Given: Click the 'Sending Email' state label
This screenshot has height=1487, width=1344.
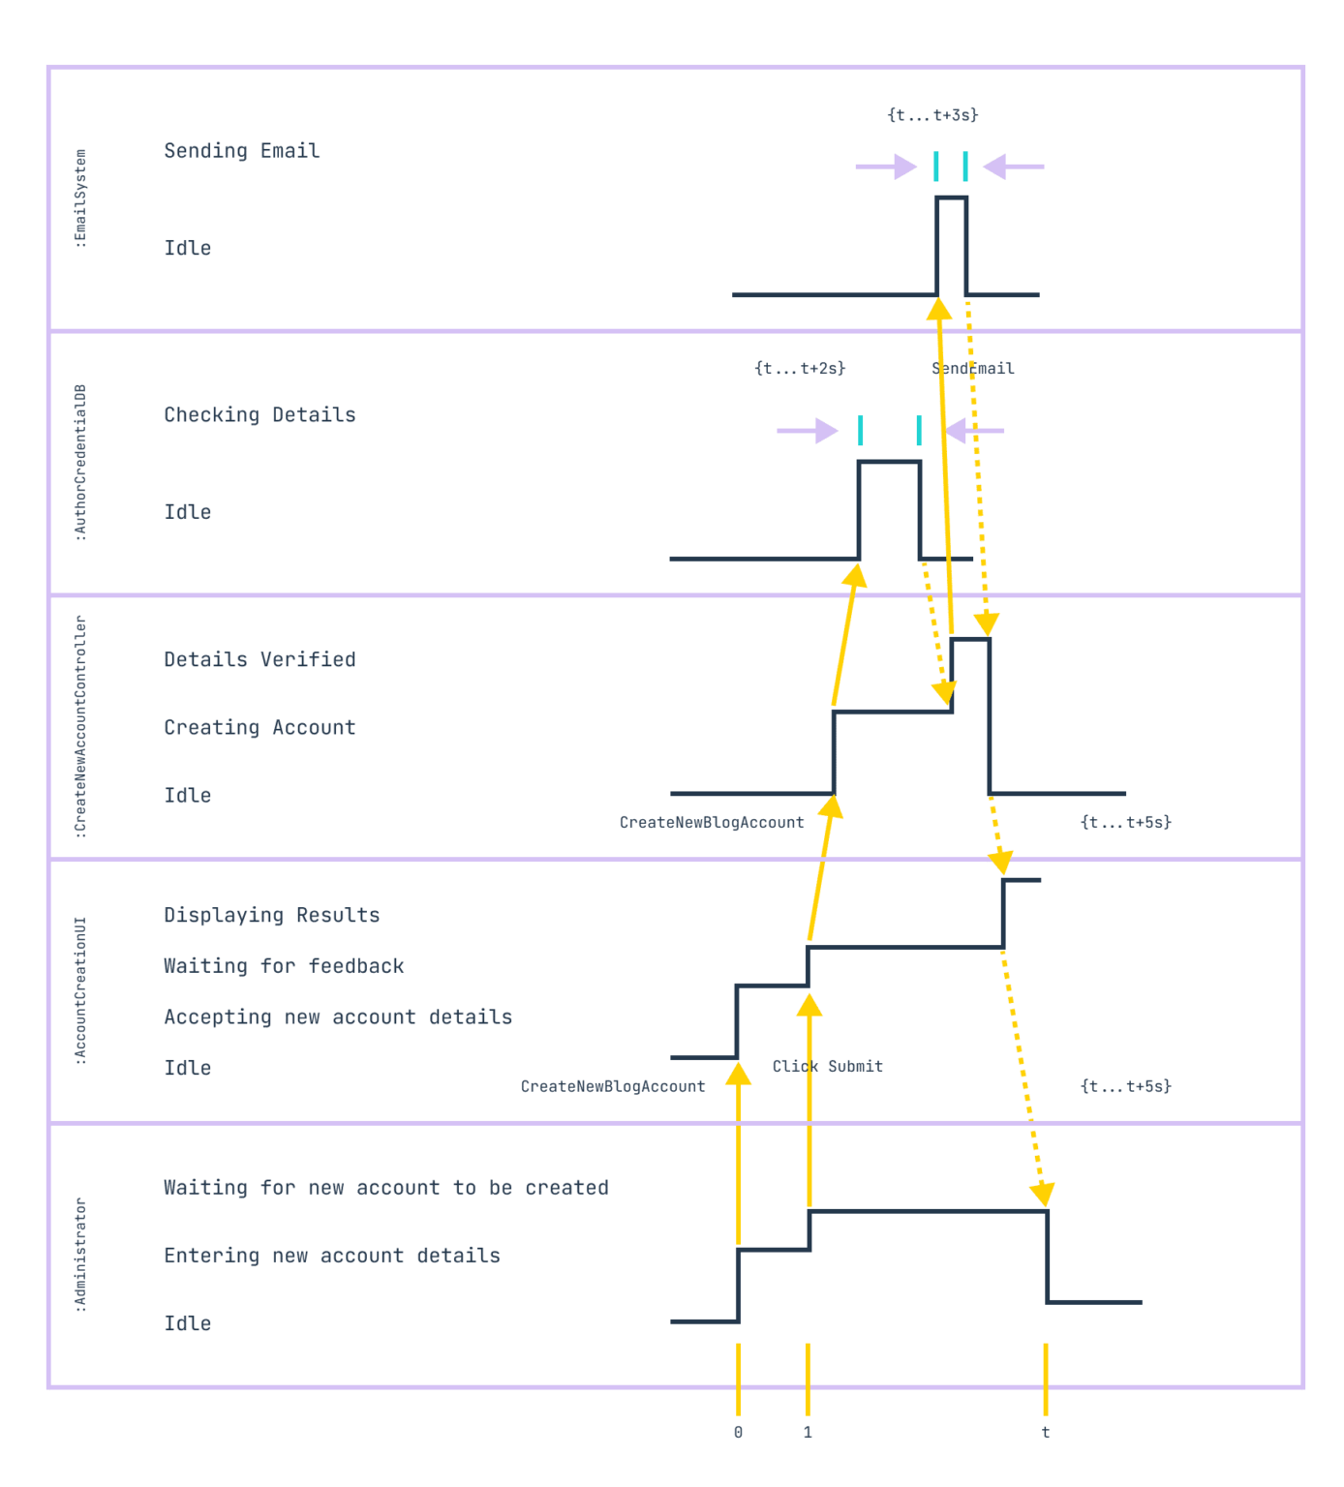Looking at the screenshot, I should [x=241, y=151].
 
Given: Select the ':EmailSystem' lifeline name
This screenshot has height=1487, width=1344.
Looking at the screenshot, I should [x=80, y=198].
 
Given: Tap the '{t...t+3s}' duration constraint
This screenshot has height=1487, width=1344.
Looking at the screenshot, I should [x=932, y=115].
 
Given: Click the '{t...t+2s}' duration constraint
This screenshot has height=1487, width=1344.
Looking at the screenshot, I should [x=800, y=369].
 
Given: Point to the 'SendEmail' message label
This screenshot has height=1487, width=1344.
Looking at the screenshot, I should [x=973, y=369].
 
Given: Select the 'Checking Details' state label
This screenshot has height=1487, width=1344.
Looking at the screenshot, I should [x=260, y=415].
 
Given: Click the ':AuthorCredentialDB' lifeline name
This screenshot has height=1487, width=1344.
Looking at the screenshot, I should [x=80, y=463].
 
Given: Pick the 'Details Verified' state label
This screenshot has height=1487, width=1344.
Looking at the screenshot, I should [x=260, y=660].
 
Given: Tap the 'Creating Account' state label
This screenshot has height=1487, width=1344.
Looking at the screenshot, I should [x=260, y=728].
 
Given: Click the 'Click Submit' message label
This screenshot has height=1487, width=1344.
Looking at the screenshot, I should [x=827, y=1067].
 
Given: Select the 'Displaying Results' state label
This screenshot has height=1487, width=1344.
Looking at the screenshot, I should [x=272, y=916].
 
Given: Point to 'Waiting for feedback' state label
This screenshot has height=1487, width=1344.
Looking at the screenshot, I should [x=284, y=966].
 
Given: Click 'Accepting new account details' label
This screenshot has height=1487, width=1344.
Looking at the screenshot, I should [x=338, y=1017].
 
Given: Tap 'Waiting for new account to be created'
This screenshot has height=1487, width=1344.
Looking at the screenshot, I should [x=386, y=1188].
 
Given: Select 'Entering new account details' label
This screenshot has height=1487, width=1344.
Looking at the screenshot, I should [x=332, y=1256].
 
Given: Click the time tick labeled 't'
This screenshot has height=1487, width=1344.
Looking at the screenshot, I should [x=1046, y=1433].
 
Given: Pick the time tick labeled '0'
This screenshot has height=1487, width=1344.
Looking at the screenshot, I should [x=738, y=1433].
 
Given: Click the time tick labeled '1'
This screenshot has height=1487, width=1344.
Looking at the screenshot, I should [x=808, y=1433].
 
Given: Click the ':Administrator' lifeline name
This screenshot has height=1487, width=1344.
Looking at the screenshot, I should [x=80, y=1256].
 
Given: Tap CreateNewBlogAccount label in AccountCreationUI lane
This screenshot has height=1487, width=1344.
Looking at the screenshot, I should [x=613, y=1087].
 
